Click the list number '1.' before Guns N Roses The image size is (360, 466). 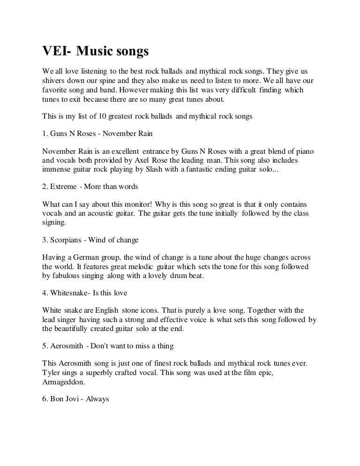tap(45, 134)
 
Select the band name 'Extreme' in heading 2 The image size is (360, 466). tap(63, 187)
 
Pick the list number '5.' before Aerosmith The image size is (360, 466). tap(45, 346)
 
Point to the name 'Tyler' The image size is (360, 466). tap(51, 373)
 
